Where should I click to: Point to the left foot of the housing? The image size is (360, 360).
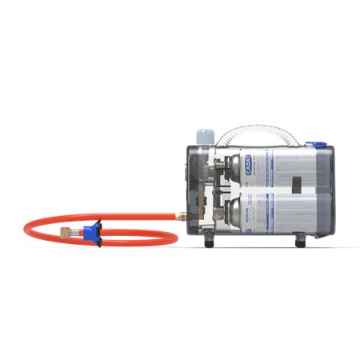click(210, 239)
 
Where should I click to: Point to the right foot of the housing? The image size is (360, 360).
click(300, 239)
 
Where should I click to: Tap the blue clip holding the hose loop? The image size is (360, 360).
click(93, 232)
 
